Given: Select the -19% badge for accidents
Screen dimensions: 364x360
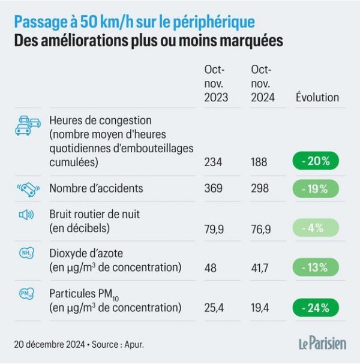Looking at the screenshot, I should point(316,188).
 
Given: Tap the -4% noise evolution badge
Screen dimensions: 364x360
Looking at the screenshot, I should point(316,228).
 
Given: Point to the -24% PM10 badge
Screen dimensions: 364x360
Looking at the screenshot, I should point(316,308).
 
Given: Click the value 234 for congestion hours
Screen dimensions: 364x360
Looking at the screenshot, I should point(213,163).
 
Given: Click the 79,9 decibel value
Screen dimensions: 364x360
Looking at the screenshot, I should point(215,228).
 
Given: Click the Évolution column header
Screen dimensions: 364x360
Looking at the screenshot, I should point(317,97).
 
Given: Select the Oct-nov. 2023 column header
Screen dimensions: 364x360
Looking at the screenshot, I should point(216,84).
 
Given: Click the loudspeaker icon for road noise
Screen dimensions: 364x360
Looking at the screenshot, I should point(27,215).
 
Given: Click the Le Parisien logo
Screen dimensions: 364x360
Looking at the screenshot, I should point(322,344).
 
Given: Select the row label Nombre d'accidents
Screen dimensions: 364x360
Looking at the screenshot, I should point(96,188).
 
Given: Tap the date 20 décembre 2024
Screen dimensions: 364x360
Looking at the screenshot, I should point(50,344).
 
